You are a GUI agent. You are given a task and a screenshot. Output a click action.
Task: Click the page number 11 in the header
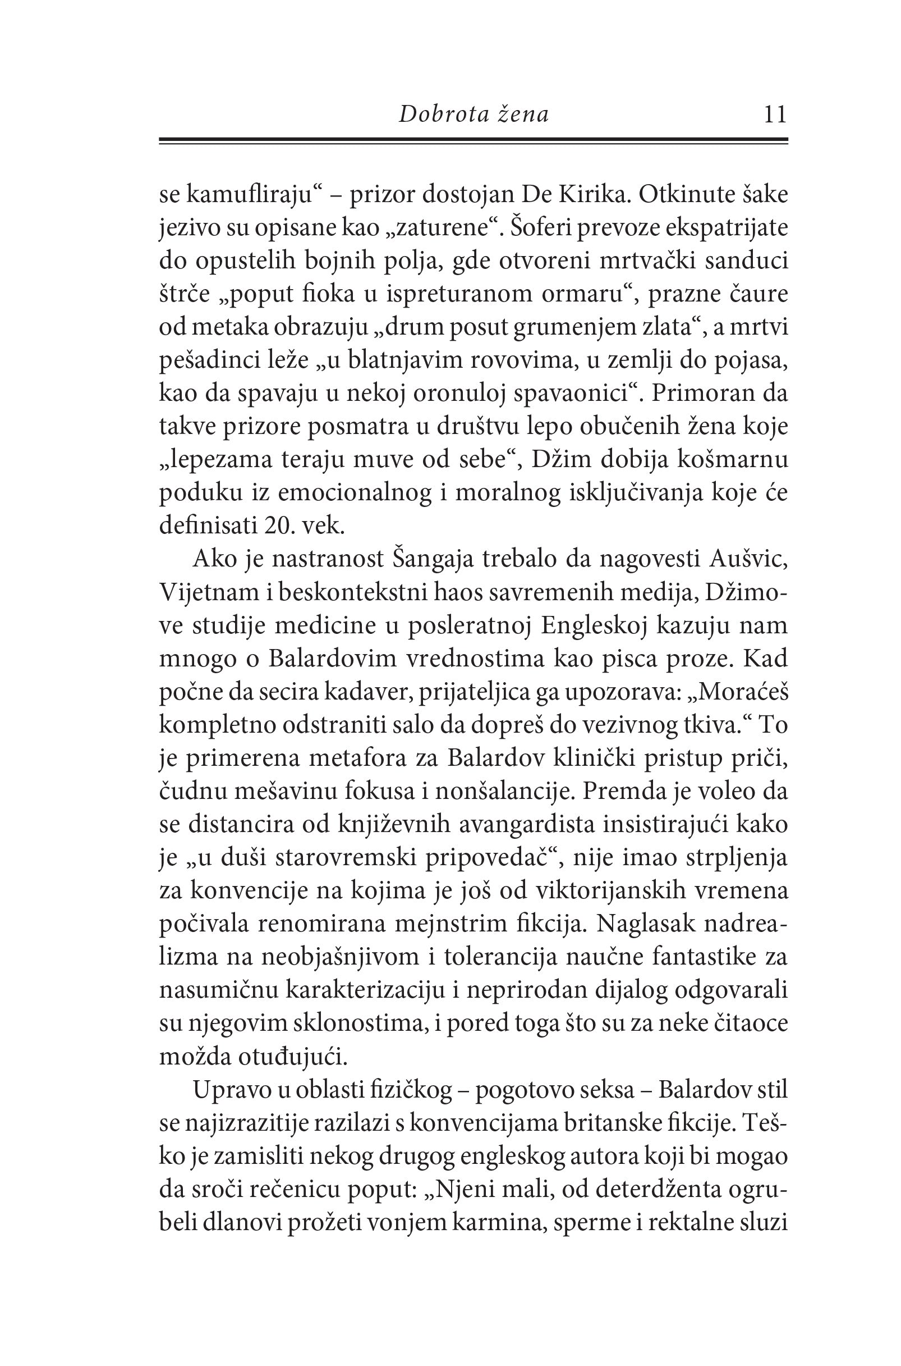pyautogui.click(x=775, y=115)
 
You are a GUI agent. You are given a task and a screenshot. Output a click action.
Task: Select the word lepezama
pyautogui.click(x=219, y=460)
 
